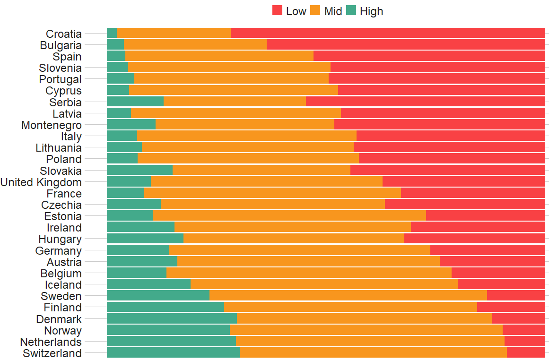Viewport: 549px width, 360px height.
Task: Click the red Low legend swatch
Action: pos(278,11)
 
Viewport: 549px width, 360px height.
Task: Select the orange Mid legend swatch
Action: pos(315,11)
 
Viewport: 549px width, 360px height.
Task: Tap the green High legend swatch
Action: pos(351,11)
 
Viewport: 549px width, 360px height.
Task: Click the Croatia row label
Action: pos(64,34)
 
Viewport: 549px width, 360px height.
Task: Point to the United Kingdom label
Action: pos(41,182)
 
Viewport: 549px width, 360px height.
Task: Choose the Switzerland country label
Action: pos(52,353)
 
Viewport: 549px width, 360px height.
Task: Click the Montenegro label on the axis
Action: pos(52,125)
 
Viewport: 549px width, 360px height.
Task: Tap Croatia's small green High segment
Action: pos(112,33)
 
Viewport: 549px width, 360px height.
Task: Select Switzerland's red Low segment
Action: pos(526,352)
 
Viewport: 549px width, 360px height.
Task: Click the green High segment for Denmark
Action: pos(172,318)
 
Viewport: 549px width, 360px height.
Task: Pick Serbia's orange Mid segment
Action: pos(235,102)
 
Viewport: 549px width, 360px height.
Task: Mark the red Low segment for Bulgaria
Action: pos(406,44)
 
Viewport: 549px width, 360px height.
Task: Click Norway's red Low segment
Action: pos(523,330)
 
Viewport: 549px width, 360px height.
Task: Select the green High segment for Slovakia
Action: pos(139,170)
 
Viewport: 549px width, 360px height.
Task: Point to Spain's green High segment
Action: pos(116,56)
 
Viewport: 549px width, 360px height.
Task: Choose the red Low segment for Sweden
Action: pos(516,296)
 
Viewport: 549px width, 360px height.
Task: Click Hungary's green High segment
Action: pos(145,239)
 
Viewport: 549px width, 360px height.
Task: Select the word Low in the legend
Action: pos(296,11)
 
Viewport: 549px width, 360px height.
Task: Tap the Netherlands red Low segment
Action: pos(524,341)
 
